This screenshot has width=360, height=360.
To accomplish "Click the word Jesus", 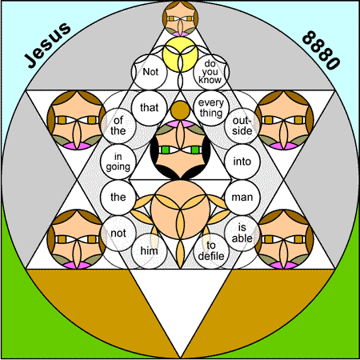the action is [x=47, y=45].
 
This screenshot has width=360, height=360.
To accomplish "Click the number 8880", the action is [x=321, y=50].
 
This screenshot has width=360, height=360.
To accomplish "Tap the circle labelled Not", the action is [x=150, y=72].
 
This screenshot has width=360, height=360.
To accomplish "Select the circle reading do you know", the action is [x=211, y=72].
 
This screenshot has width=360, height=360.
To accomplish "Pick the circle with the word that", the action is [x=150, y=108].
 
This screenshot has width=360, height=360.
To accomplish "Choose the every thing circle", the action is [x=211, y=108].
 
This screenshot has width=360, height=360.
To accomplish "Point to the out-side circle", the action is [x=242, y=126].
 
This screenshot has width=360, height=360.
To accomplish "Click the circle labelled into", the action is [x=242, y=162].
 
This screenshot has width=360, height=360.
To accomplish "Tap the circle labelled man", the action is [x=242, y=198].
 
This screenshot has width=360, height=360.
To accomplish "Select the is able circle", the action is [x=242, y=234].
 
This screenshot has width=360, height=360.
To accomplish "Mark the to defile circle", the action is [x=211, y=251].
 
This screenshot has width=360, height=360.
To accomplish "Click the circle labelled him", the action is [x=150, y=251].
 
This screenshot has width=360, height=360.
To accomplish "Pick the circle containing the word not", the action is [x=118, y=234].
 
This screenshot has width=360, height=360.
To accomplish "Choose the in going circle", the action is [x=118, y=162].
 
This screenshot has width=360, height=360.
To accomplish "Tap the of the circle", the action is [x=118, y=126].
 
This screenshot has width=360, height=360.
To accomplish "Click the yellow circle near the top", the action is [x=180, y=54].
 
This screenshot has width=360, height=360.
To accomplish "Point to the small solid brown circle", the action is [x=180, y=110].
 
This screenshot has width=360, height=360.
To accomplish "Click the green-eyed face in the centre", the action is [x=180, y=150].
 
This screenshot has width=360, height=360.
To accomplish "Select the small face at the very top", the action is [x=180, y=18].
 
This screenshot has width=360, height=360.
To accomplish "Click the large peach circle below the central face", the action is [x=180, y=210].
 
